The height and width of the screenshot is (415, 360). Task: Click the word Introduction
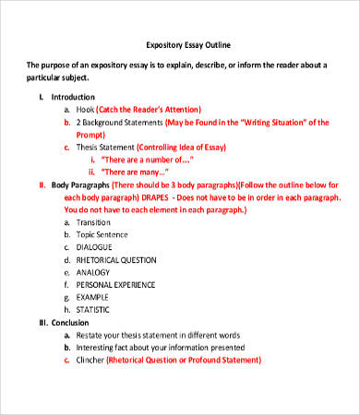pyautogui.click(x=73, y=96)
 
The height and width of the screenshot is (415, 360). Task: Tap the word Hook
pyautogui.click(x=86, y=108)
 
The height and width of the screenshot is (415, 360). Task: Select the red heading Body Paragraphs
pyautogui.click(x=84, y=184)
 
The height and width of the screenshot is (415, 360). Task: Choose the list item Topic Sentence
pyautogui.click(x=102, y=234)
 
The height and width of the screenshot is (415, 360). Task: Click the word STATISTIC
pyautogui.click(x=96, y=310)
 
